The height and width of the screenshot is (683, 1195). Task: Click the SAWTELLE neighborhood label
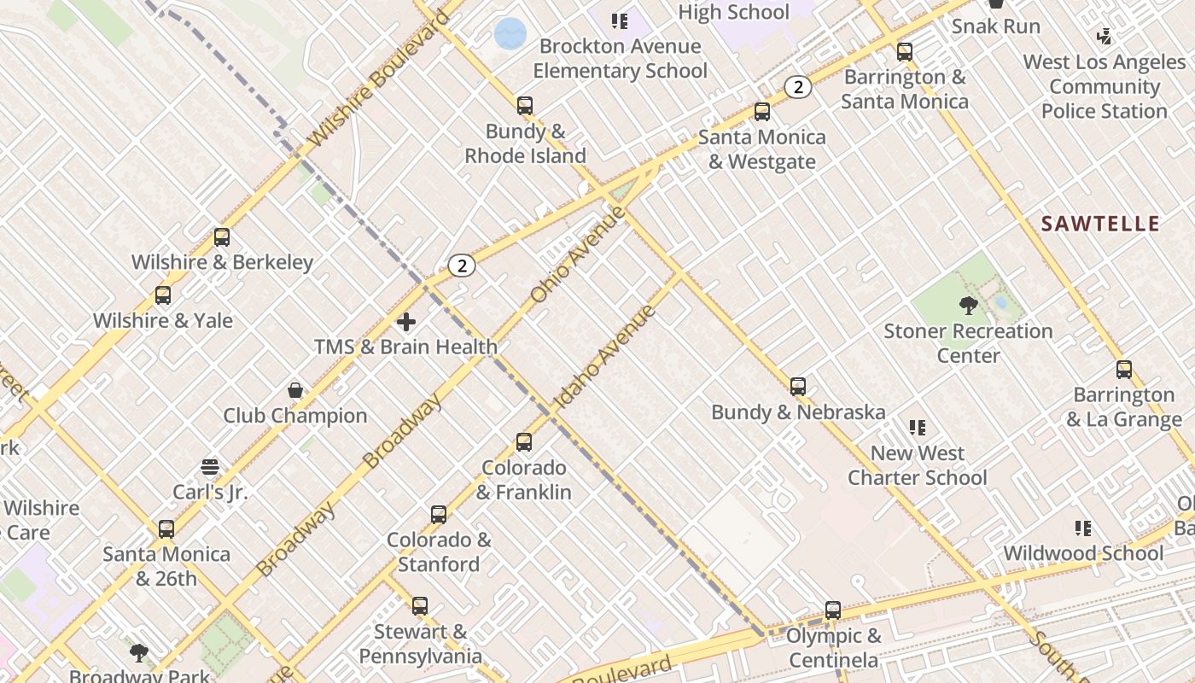[1100, 225]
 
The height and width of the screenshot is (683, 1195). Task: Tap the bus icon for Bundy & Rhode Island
[525, 106]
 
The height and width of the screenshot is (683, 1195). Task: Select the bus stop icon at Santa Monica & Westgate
[762, 112]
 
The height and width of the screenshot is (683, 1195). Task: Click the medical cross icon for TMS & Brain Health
[406, 322]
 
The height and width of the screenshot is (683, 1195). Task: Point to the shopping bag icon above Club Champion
[295, 390]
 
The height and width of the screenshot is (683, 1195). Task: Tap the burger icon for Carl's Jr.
[210, 467]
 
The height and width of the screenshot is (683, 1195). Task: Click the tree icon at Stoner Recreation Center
[968, 305]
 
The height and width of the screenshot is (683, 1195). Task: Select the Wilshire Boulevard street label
[378, 79]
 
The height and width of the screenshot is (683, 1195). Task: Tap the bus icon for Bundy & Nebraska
[798, 387]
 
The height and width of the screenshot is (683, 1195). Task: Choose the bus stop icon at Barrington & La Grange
[1124, 370]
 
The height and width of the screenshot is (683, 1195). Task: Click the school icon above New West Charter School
[918, 427]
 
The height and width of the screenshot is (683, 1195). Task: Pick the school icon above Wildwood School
[1083, 528]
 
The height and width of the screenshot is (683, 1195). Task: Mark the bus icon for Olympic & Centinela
[833, 610]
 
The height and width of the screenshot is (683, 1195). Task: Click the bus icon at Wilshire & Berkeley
[222, 237]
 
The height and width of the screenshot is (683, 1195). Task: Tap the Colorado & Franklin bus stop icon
[524, 442]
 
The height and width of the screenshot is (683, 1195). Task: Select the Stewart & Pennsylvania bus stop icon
[420, 606]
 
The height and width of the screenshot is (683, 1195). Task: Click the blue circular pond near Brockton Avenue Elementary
[510, 34]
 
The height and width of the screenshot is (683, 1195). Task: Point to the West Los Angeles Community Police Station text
[1105, 86]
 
